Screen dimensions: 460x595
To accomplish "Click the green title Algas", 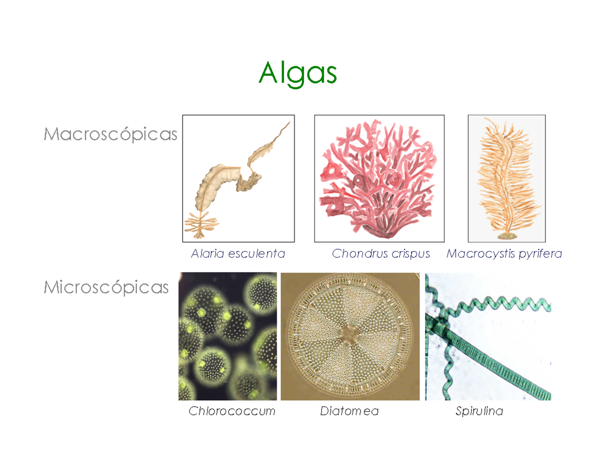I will (x=297, y=73).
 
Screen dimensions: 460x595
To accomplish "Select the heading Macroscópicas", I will (x=110, y=134).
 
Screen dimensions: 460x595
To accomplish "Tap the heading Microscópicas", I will (x=106, y=287).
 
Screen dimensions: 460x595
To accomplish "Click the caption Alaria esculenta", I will (x=238, y=254).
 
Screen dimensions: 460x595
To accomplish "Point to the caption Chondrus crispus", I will (x=381, y=254).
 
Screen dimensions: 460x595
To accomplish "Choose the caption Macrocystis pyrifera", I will (x=504, y=254).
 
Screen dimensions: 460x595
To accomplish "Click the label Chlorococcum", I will (x=232, y=411).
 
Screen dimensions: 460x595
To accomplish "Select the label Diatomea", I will (x=349, y=411).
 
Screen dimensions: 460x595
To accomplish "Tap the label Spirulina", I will (x=479, y=411).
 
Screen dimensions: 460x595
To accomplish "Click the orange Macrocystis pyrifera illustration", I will (x=505, y=174).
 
